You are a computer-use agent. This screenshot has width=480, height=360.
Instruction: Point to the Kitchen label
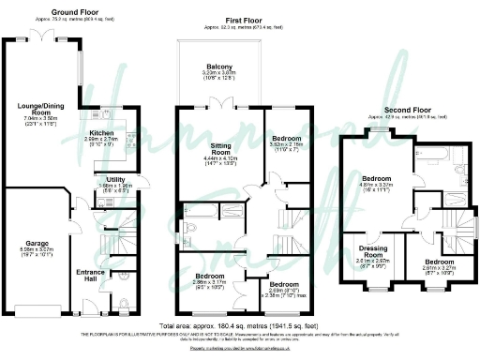pos(101,134)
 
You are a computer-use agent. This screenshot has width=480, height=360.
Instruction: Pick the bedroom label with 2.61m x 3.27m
pos(436,262)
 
